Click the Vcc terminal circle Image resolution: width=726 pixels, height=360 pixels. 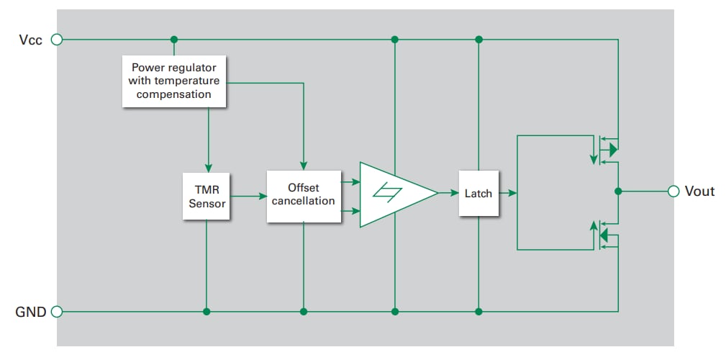coord(57,40)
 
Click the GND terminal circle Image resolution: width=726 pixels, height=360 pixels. coord(57,312)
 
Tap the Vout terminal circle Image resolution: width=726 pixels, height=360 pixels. coord(673,192)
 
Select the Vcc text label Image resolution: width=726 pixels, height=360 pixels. coord(30,40)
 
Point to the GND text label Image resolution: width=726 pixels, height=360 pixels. coord(30,312)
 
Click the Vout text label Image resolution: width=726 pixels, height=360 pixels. coord(700,192)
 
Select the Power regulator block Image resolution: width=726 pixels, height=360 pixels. coord(174,81)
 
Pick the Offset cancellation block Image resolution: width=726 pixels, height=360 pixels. coord(304,195)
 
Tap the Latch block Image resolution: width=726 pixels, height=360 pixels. coord(478,193)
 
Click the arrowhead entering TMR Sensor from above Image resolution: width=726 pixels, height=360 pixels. coord(207,167)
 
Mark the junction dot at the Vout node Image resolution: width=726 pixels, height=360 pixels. coord(618,192)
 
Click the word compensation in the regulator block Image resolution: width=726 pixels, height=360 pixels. coord(174,94)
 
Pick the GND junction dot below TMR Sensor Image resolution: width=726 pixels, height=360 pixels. coord(207,312)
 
